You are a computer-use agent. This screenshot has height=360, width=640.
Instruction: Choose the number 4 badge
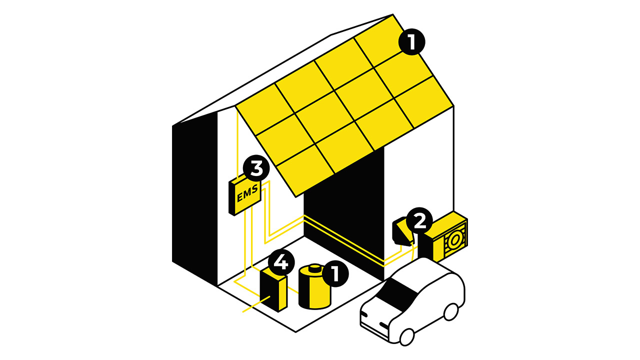(x=281, y=261)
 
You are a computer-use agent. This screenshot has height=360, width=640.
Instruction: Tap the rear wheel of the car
(x=451, y=311)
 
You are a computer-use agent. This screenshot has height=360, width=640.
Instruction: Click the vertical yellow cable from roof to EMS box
(x=236, y=145)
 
